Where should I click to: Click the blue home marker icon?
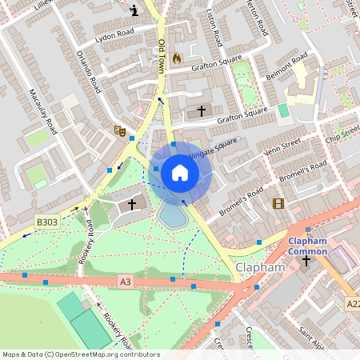coord(180,172)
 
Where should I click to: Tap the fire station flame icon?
coord(177,58)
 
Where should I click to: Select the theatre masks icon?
coord(121,130)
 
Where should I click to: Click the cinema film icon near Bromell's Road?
coord(278,204)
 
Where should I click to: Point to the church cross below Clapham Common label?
coord(306,261)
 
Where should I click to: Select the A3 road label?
coord(125,281)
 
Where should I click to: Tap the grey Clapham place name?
coord(260,267)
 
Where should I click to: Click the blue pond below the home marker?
coord(173,214)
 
